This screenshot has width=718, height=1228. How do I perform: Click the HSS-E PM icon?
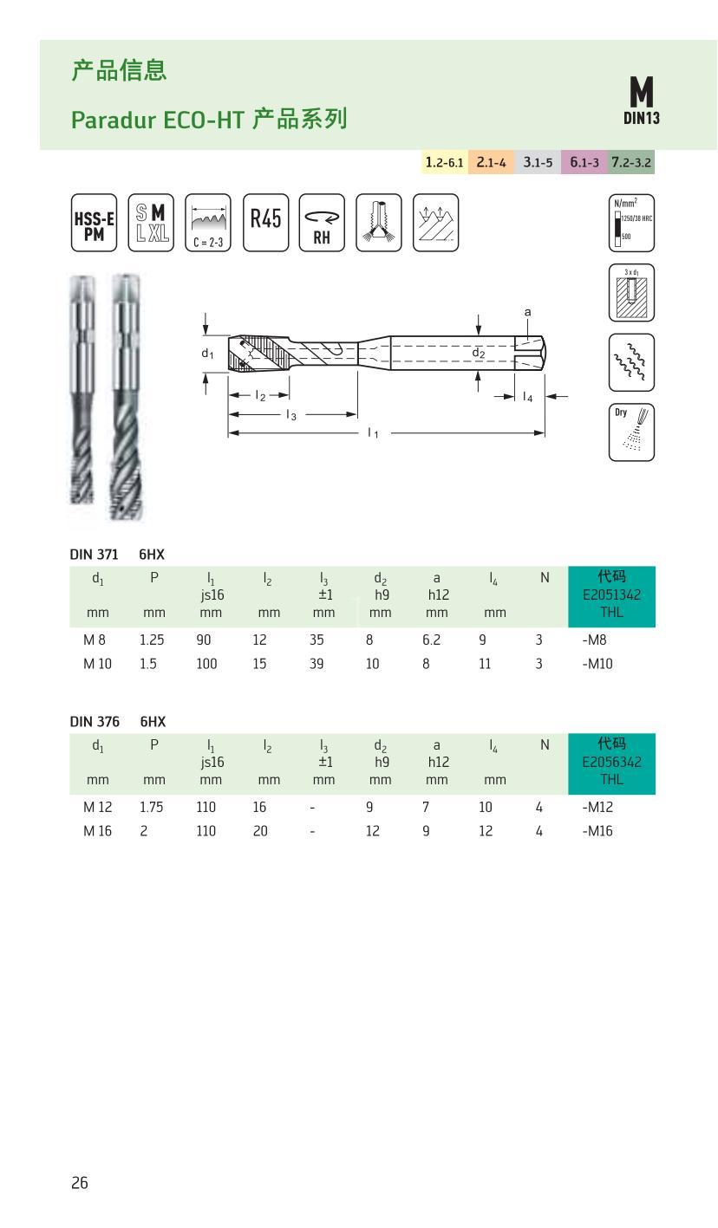(x=93, y=223)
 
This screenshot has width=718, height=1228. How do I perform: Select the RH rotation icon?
(x=322, y=223)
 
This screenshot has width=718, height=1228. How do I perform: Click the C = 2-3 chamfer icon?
(x=208, y=223)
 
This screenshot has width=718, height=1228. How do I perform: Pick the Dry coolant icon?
(x=631, y=432)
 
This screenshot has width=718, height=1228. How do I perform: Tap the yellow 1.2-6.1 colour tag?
(x=444, y=162)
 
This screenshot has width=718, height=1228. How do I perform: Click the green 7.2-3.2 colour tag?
(x=630, y=162)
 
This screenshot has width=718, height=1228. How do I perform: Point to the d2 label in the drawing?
(x=478, y=353)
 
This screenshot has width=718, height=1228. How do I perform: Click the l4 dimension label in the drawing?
(x=527, y=397)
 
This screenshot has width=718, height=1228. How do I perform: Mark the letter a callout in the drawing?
(x=527, y=312)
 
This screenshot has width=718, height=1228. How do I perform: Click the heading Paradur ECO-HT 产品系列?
(x=209, y=119)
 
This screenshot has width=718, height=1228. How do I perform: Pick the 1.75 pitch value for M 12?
(x=152, y=807)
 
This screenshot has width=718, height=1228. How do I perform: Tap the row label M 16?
(x=95, y=831)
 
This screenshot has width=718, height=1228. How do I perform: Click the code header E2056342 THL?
(x=611, y=763)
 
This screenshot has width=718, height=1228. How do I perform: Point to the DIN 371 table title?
(x=94, y=555)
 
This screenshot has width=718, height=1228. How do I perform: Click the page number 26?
(x=80, y=1183)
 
